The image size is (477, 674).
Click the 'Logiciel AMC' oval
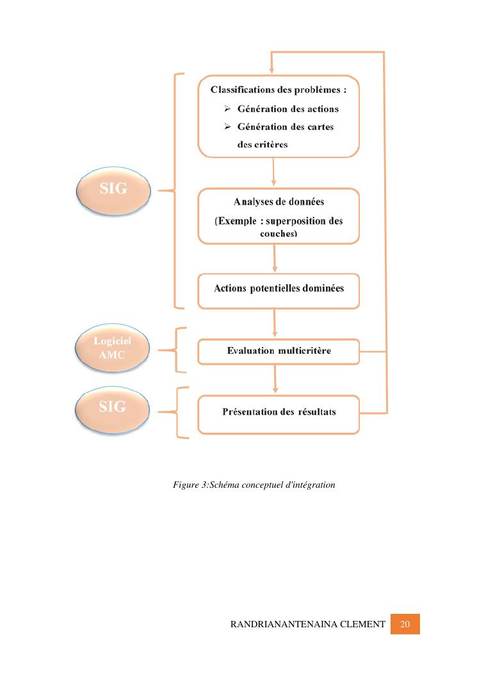tap(113, 349)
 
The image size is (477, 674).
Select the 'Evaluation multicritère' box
tap(279, 351)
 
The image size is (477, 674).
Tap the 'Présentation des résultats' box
tap(279, 412)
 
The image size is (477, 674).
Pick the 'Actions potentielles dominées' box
tap(279, 289)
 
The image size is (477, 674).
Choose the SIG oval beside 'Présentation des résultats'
tap(113, 406)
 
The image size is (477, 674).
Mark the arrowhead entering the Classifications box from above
tap(273, 70)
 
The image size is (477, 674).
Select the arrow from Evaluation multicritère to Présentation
tap(275, 382)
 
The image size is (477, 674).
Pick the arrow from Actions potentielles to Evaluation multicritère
tap(275, 323)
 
